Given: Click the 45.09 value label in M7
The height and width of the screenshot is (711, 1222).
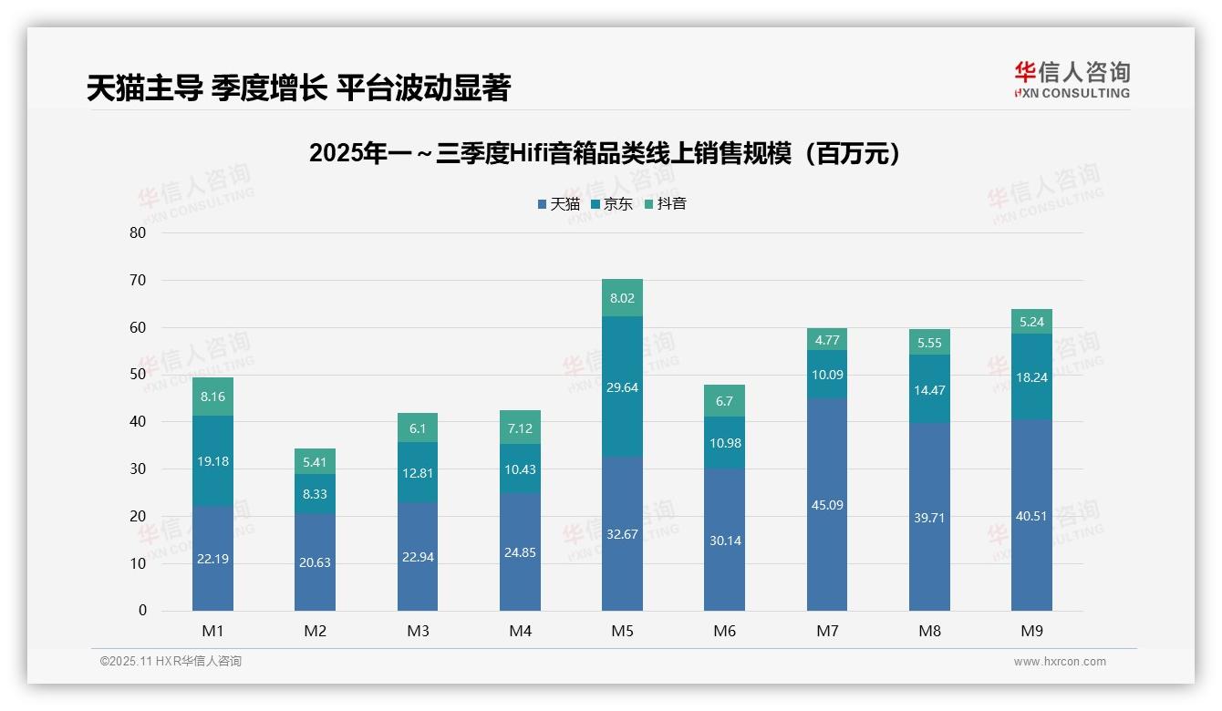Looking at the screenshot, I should point(827,505).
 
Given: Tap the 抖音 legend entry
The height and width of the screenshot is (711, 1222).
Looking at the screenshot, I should point(665,204).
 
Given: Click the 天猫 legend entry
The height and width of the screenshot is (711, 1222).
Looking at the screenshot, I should point(558,204).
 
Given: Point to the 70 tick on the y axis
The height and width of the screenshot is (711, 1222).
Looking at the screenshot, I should point(138,280).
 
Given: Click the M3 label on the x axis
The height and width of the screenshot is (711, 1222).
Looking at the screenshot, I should point(418,631).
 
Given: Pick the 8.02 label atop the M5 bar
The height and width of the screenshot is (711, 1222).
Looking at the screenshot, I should point(623,298).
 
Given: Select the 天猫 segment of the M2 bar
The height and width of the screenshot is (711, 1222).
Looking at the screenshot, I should point(315,562).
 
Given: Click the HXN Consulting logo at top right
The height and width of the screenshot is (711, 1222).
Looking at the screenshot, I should point(1072,79).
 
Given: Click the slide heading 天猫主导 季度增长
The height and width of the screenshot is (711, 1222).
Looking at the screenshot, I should point(298,88).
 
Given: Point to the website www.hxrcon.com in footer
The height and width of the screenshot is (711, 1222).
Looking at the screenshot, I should point(1060,662).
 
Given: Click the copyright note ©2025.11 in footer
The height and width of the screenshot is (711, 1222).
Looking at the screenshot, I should point(171,662).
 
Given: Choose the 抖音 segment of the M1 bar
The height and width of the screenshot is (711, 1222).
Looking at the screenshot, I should point(212,397).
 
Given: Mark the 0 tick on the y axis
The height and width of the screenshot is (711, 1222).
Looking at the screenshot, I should point(142,611).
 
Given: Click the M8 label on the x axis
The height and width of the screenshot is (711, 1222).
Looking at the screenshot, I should point(929,631).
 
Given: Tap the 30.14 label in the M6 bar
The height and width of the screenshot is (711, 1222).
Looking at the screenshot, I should point(725,541).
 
